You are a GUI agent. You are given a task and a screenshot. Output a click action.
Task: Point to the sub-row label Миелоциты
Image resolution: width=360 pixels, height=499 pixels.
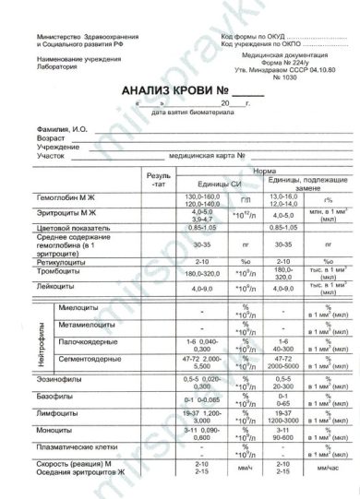coord(78,311)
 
